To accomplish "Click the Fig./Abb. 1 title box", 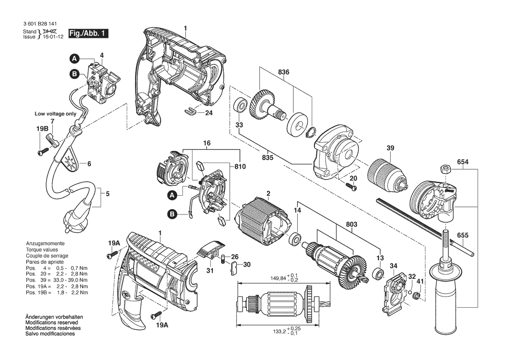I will [88, 34].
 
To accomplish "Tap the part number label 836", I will [284, 72].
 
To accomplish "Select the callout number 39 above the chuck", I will [390, 149].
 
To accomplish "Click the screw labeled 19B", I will [43, 152].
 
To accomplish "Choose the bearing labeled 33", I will [240, 106].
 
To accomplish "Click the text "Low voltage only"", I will [56, 114].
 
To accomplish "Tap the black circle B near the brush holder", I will [173, 214].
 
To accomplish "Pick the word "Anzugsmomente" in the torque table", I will [45, 243].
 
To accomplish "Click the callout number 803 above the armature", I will [352, 224].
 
